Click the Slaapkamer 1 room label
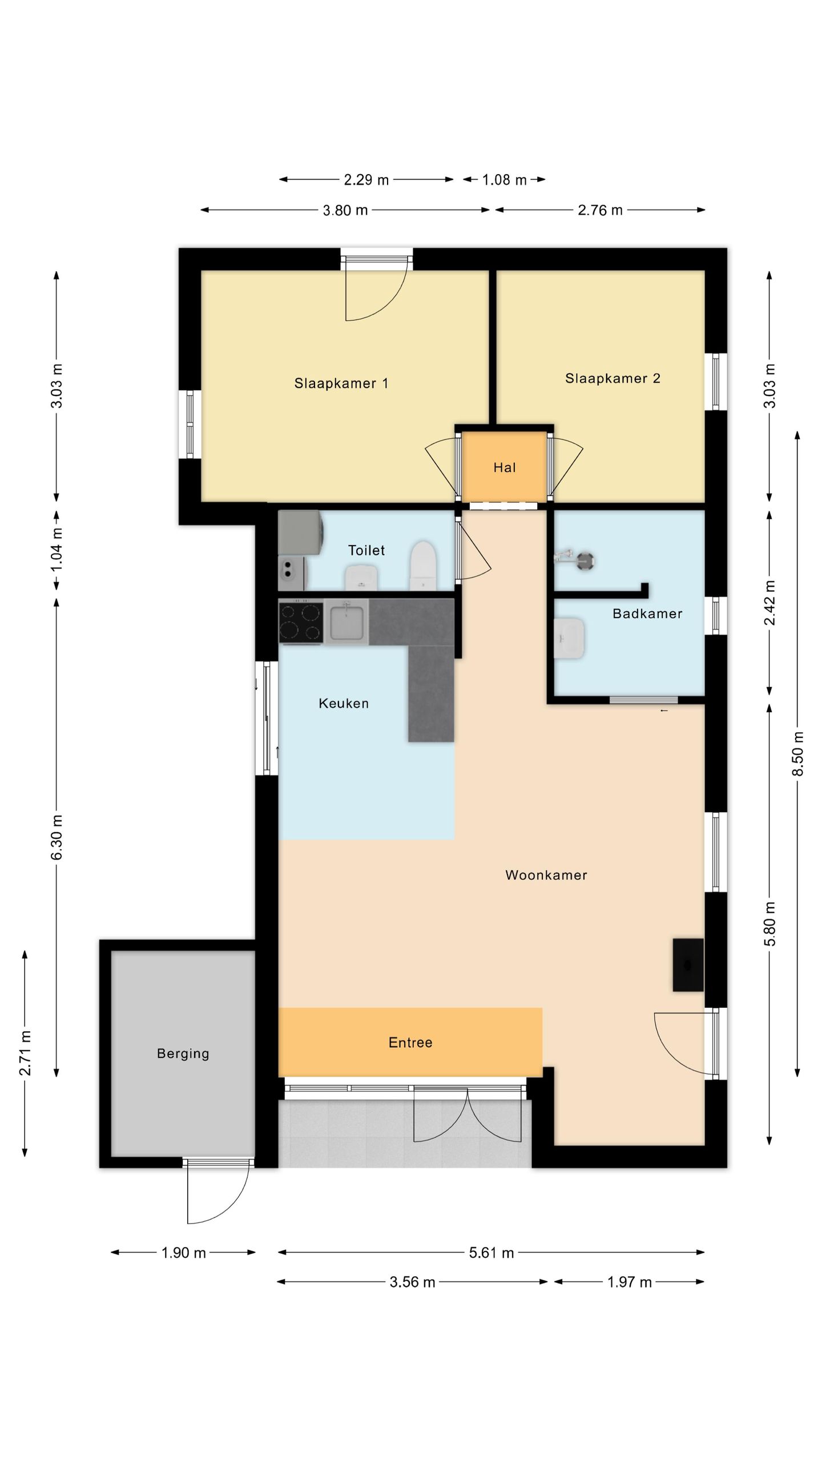tap(341, 384)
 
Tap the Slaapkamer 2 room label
tap(613, 378)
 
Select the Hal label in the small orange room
tap(505, 468)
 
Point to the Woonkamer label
tap(546, 875)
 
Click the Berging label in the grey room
tap(183, 1054)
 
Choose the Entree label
tap(410, 1043)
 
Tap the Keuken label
tap(344, 703)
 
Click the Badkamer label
tap(647, 614)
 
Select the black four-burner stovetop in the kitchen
tap(301, 621)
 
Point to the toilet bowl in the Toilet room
tap(423, 566)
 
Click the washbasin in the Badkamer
tap(569, 638)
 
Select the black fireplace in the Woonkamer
tap(688, 964)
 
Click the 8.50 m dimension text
tap(798, 753)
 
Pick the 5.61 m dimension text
tap(491, 1253)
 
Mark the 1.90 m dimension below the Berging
tap(183, 1253)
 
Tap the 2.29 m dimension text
tap(366, 180)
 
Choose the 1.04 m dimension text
tap(57, 550)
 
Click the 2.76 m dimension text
tap(600, 210)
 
